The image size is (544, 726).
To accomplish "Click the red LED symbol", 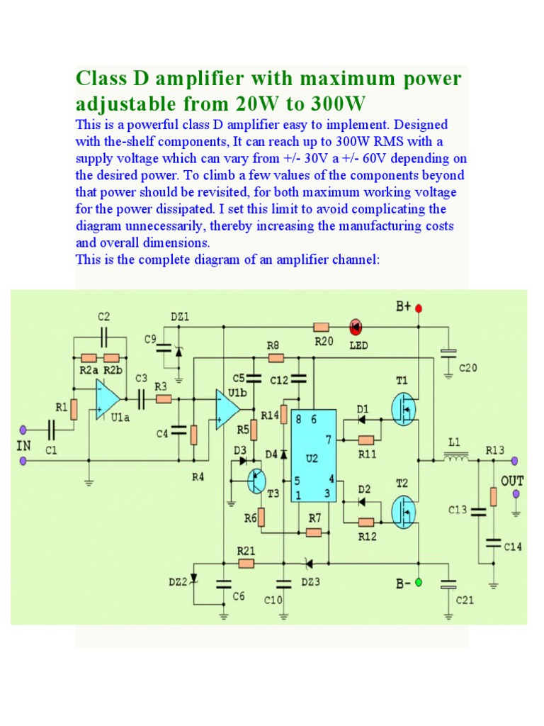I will (x=356, y=327).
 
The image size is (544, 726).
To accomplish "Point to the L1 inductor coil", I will (x=456, y=459).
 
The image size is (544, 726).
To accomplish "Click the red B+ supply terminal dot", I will (x=419, y=308).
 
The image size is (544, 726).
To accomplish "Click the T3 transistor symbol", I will (x=256, y=480).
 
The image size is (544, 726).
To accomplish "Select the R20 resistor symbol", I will (x=322, y=327).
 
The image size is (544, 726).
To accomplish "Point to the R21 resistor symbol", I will (x=246, y=564).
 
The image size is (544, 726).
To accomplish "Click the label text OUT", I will (x=513, y=481).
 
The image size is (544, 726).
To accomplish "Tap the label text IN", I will (x=23, y=445).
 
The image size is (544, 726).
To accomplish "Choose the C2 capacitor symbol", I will (x=105, y=335).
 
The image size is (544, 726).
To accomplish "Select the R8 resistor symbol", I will (x=274, y=358).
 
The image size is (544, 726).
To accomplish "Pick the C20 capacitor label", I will (x=468, y=368).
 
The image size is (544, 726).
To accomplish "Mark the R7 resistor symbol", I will (x=314, y=532).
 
